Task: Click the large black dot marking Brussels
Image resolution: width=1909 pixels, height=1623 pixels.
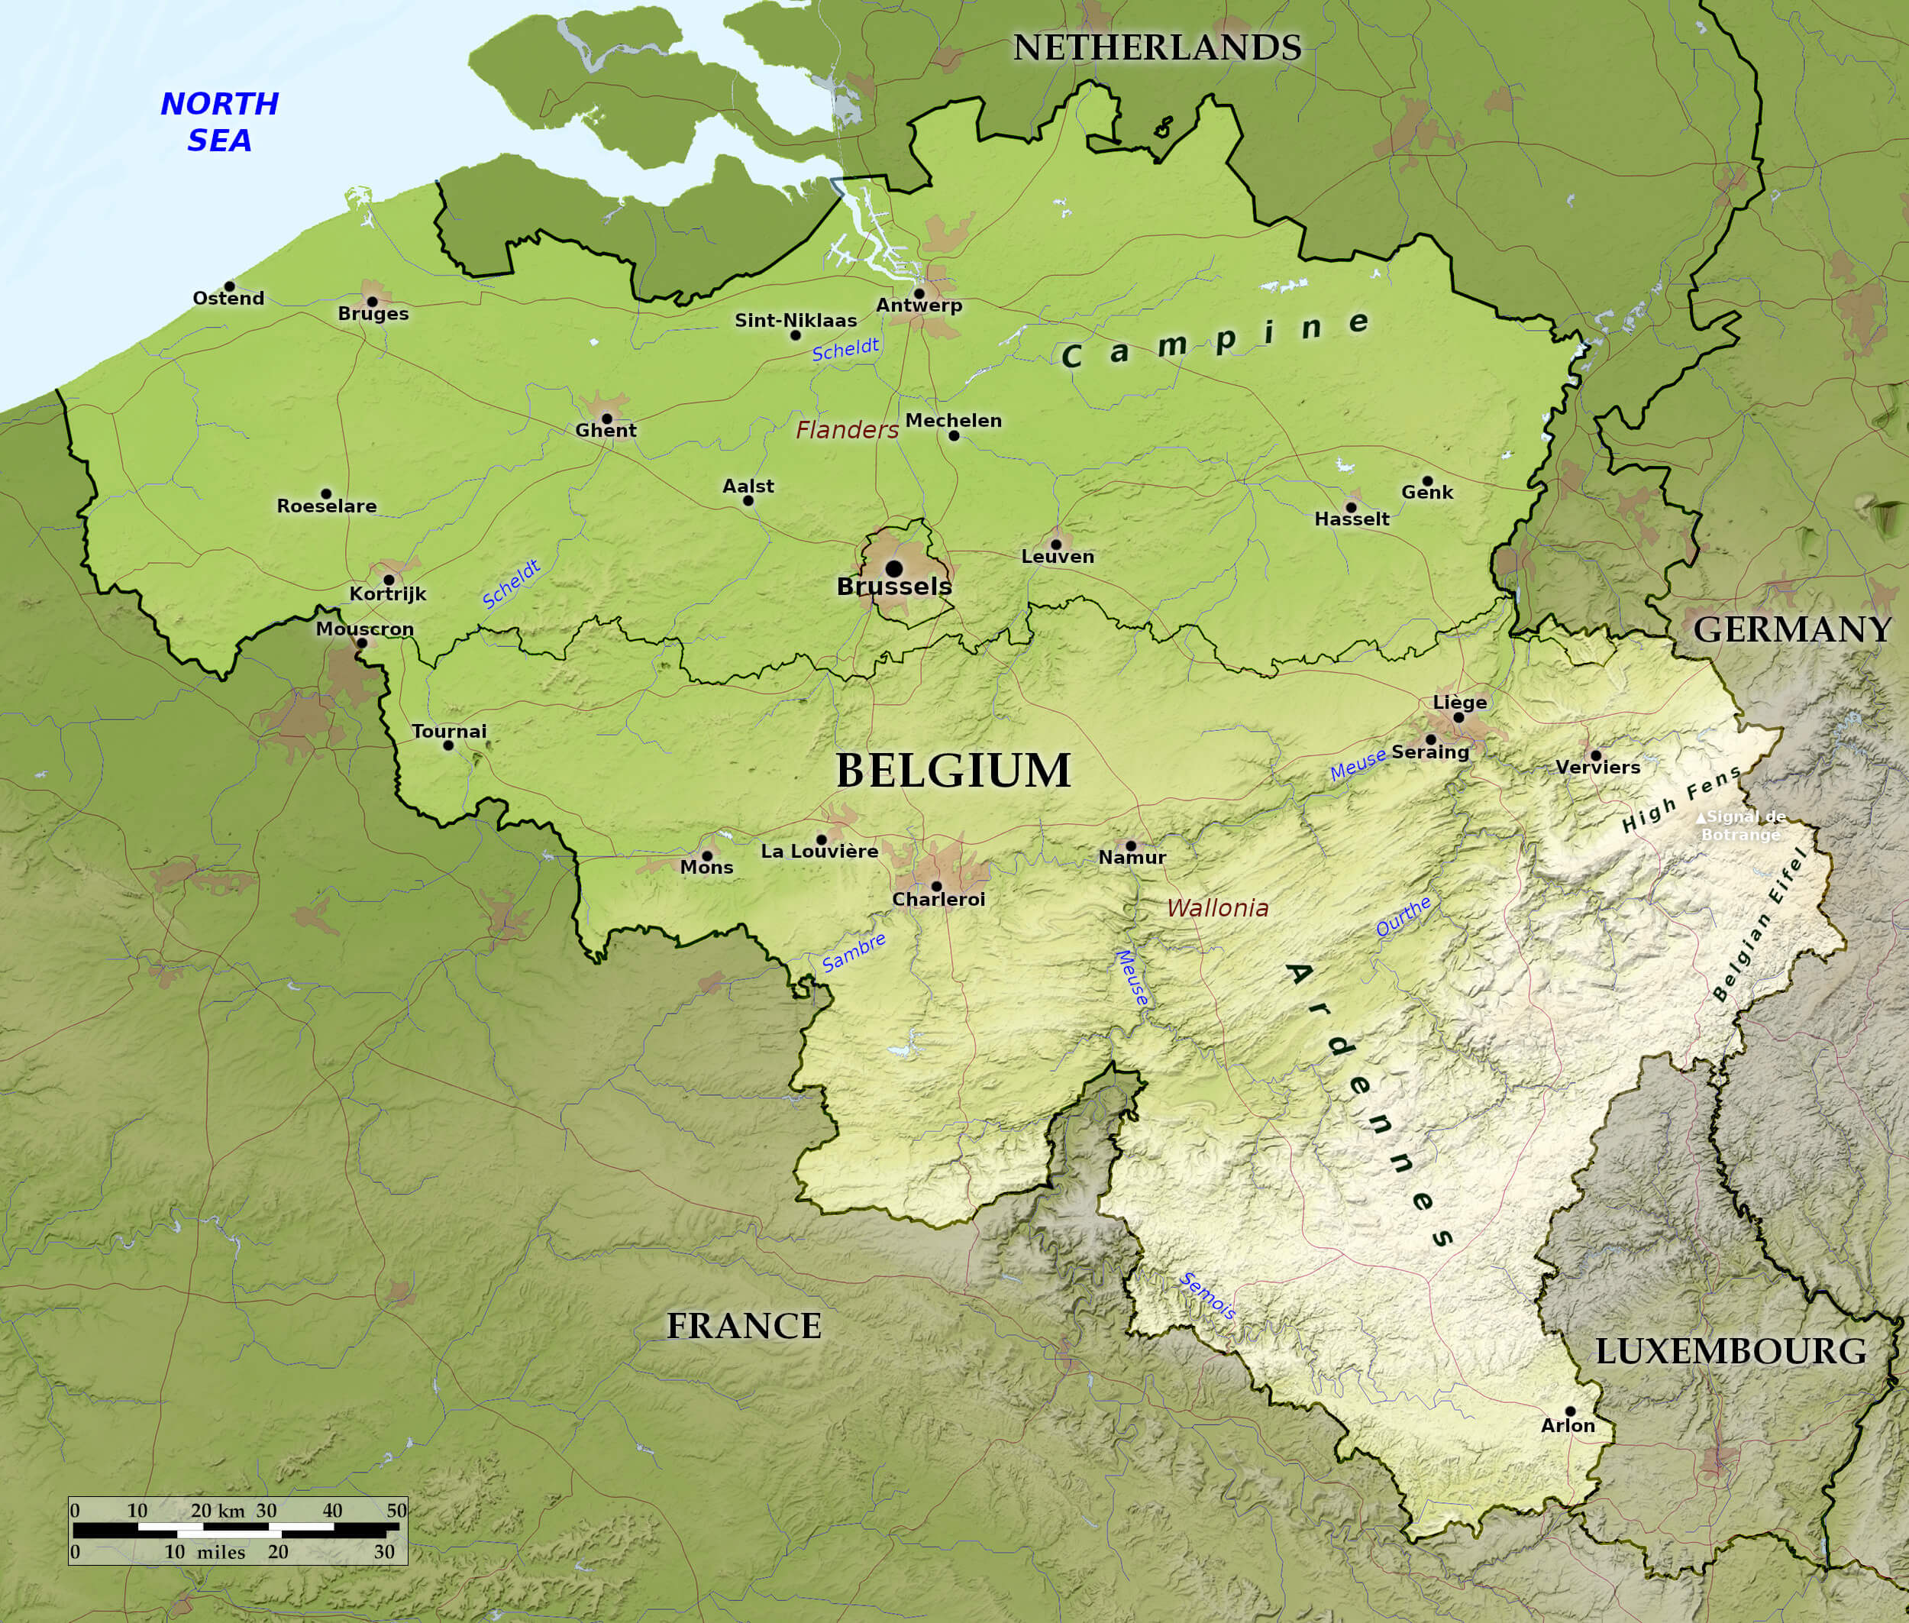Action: point(893,568)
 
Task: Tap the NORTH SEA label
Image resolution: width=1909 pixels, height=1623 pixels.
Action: point(219,121)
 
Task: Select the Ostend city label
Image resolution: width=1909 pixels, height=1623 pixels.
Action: point(228,298)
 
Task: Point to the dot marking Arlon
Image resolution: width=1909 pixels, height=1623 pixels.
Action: point(1569,1411)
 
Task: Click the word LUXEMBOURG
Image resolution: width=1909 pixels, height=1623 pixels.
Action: point(1730,1352)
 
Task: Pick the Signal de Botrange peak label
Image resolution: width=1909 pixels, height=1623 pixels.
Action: point(1741,826)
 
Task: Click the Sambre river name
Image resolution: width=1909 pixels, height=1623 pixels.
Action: point(853,952)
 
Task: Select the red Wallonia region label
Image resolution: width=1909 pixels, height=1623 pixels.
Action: point(1217,908)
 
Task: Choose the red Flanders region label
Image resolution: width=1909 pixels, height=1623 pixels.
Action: point(846,430)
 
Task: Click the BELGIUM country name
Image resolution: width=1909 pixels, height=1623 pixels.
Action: point(953,770)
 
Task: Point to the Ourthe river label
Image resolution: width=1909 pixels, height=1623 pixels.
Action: point(1403,917)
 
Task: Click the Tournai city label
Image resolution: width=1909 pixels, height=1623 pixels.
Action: point(449,732)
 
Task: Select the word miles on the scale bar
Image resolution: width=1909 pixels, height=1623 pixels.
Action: point(221,1552)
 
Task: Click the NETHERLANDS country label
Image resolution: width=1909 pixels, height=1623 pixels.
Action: point(1156,48)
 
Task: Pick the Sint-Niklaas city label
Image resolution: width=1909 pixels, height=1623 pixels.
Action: point(795,320)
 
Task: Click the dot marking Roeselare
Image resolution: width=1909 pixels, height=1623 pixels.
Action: point(326,494)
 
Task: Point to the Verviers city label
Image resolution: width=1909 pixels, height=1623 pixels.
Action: point(1598,768)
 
